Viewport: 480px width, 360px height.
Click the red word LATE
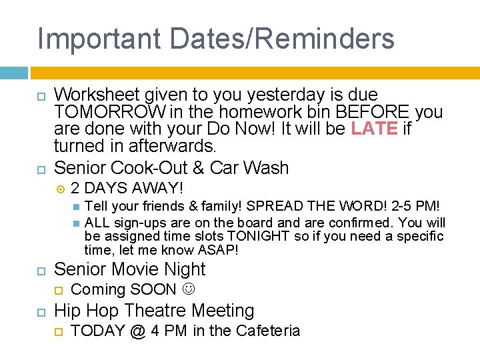[374, 129]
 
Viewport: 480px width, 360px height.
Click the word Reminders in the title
[319, 38]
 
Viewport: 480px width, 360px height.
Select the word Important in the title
[99, 38]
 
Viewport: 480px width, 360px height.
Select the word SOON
[153, 289]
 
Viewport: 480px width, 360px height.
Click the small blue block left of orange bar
[14, 73]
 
